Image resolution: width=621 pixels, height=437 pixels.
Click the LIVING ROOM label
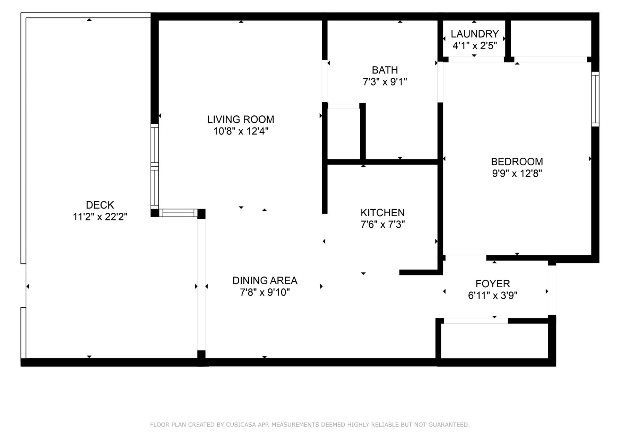240,119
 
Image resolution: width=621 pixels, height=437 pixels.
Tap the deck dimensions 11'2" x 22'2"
100,217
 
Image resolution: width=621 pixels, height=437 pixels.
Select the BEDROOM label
517,161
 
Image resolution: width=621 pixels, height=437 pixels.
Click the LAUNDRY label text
474,34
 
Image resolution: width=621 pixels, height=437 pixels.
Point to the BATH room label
385,70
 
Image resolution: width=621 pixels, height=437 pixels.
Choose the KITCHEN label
382,212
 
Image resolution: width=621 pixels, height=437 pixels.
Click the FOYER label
492,284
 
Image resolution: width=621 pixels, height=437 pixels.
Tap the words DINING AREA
265,280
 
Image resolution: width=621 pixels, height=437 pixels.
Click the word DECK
100,205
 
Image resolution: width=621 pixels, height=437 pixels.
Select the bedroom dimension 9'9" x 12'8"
517,173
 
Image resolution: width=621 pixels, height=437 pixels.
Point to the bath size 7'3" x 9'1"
385,82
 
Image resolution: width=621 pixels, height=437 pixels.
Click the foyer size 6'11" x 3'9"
492,296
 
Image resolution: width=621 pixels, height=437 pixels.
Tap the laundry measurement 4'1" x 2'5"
474,46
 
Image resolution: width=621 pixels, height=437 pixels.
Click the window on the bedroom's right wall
595,99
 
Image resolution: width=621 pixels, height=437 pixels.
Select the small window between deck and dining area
178,213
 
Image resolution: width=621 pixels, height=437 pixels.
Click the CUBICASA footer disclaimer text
310,425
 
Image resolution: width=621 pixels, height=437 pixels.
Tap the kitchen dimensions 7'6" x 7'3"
382,225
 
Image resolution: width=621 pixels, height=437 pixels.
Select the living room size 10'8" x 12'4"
240,131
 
